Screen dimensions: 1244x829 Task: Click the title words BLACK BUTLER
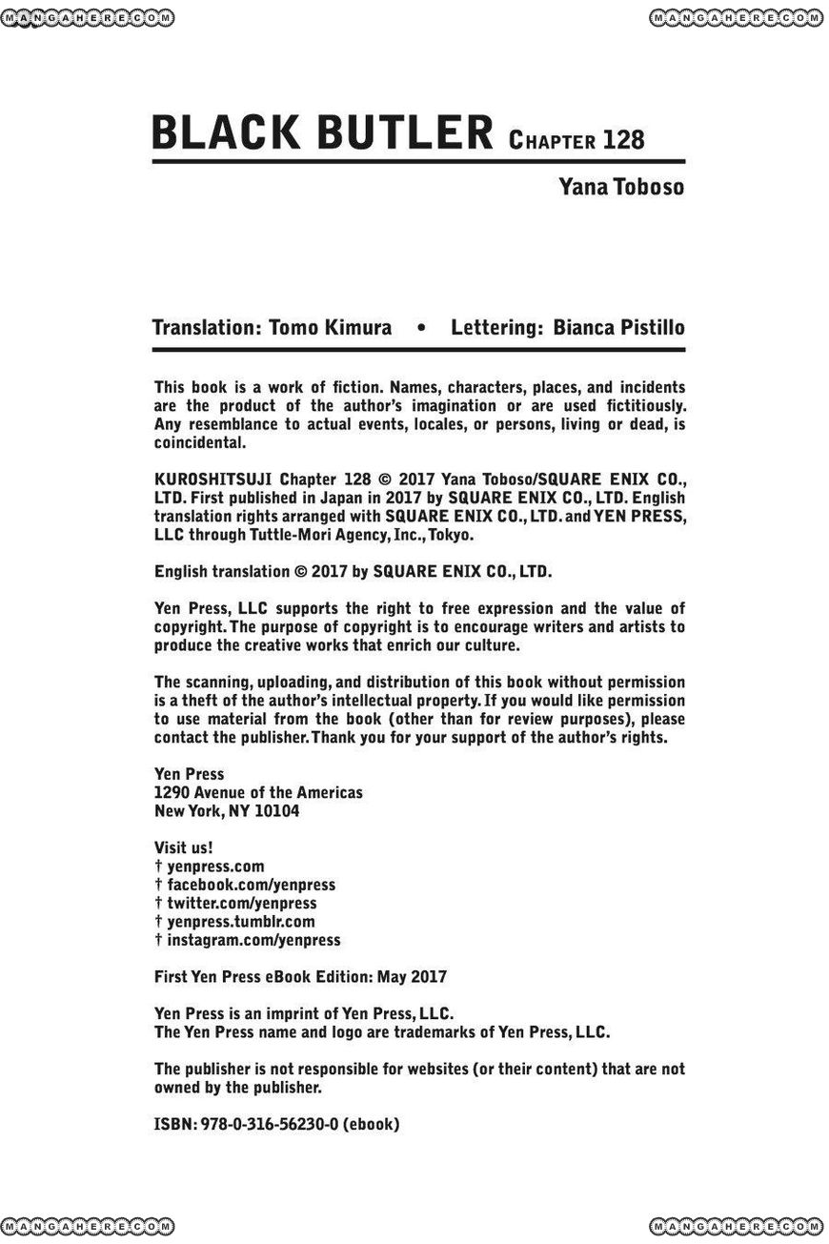(x=321, y=133)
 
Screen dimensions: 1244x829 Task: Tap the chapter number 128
(x=623, y=141)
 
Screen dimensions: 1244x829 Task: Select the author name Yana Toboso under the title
(x=621, y=187)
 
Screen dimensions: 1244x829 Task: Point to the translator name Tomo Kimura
(x=330, y=328)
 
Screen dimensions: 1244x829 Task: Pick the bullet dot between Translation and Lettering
(x=421, y=329)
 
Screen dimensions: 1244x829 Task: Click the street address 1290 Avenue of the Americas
(x=258, y=793)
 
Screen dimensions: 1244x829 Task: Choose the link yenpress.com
(x=215, y=867)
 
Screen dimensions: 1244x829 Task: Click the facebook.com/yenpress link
(x=251, y=885)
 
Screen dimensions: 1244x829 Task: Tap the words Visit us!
(x=183, y=847)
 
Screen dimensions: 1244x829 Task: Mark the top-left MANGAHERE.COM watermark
(x=90, y=17)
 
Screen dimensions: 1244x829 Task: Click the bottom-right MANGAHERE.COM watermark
(x=738, y=1226)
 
